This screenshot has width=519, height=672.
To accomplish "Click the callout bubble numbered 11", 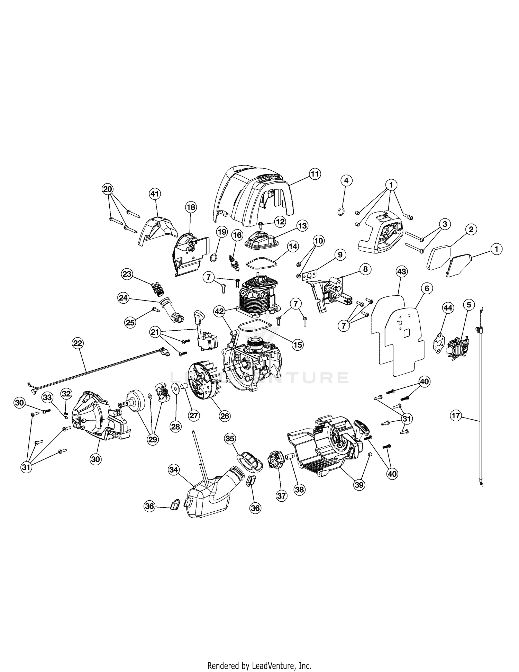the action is pos(315,173).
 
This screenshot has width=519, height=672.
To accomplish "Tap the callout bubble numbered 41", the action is pos(154,194).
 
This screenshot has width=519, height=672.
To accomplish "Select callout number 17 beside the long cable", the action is pos(456,415).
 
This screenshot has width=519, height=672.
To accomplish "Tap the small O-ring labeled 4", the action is pos(341,212).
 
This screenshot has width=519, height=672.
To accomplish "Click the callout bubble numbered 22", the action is pos(78,343).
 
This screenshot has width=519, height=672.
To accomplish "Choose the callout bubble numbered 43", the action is pos(401,272).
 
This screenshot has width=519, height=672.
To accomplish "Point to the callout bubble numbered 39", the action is pos(359,485).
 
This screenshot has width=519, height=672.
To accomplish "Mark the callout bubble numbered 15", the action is pos(298,344).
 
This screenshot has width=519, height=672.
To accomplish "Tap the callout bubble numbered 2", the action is pos(471,229).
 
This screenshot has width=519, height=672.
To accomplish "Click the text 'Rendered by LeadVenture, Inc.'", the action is pos(259,656).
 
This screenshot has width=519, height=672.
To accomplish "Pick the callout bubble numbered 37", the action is pos(282,496).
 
